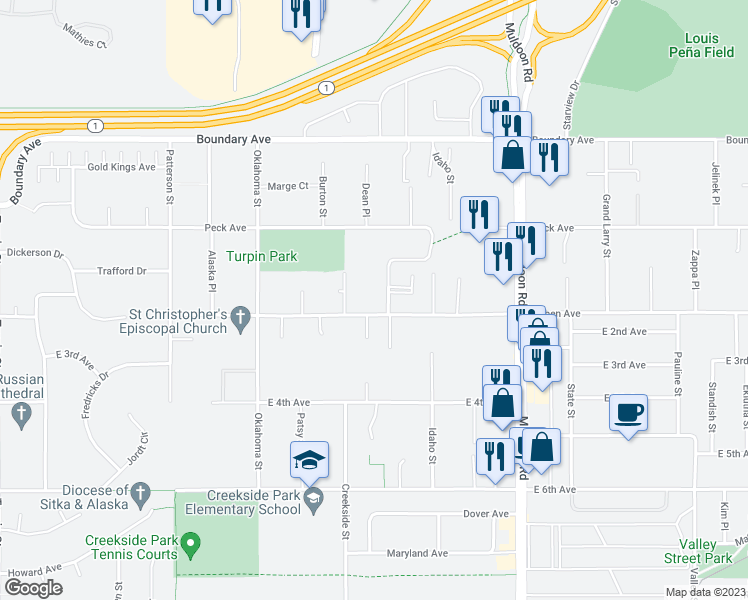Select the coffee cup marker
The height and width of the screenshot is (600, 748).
click(x=629, y=413)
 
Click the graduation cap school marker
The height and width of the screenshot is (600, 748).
click(x=310, y=460)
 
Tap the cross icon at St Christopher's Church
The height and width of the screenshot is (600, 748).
click(x=240, y=318)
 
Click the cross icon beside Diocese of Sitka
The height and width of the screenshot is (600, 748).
click(x=141, y=492)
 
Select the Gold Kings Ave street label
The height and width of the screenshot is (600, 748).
click(x=121, y=167)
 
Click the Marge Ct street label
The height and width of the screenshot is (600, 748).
click(x=288, y=186)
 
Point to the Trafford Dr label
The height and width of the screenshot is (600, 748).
click(x=121, y=271)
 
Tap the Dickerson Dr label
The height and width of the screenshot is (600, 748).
click(x=34, y=253)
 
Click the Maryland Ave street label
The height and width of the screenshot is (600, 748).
click(x=423, y=553)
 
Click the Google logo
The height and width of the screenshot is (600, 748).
click(x=33, y=588)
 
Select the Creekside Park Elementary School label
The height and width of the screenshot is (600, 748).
click(x=254, y=502)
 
